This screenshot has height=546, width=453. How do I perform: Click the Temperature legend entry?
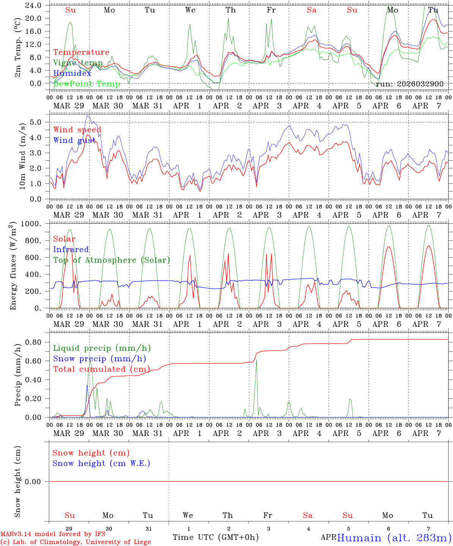pos(81,52)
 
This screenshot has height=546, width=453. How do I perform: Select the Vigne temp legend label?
pos(78,63)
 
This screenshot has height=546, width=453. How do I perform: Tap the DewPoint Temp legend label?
pos(87,84)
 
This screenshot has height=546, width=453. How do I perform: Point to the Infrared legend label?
pos(71,249)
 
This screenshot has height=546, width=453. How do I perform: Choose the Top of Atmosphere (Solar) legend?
pos(111,260)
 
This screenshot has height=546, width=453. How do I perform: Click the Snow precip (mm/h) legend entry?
pos(99,359)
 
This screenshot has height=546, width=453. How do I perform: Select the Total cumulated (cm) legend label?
pos(101,369)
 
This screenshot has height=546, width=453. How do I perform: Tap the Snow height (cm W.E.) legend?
pos(101,463)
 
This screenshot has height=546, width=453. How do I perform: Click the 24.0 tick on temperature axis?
pos(33,5)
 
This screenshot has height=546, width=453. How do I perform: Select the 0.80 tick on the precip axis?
pos(33,342)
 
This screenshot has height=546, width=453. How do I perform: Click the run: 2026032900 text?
pos(409,84)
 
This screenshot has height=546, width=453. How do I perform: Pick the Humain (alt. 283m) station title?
pos(394,538)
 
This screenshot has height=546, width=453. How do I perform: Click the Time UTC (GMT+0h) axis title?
pos(215,537)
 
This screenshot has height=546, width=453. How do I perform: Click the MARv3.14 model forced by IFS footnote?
pos(53,534)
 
